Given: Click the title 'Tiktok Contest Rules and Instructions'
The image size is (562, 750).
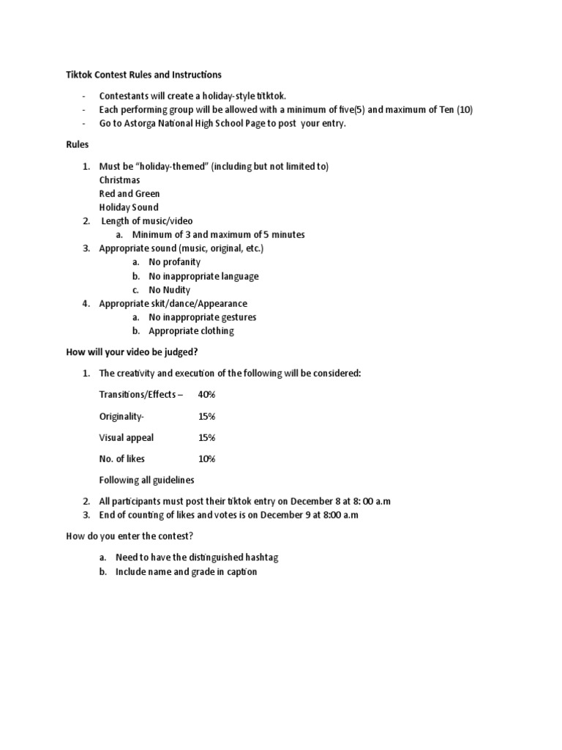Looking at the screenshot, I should pos(143,75).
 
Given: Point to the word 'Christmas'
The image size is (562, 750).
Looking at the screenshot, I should pos(119,179).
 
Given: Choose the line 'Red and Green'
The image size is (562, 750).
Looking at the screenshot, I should pos(129,193).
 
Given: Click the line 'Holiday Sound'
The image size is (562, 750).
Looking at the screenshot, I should pos(128,207).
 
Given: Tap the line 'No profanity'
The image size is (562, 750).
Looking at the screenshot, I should pos(174,261).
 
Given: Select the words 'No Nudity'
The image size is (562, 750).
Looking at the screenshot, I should pos(169,289).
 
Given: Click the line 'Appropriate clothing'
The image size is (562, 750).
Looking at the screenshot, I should pos(191,331).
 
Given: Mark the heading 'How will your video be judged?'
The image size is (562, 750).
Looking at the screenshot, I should pos(132,352).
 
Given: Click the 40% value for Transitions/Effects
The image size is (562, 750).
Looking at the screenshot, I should pos(206,395).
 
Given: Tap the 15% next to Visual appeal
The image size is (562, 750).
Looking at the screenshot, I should pos(206,437).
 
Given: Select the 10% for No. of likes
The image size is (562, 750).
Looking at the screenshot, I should pos(206,458).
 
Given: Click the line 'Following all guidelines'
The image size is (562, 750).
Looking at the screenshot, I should pos(146,480).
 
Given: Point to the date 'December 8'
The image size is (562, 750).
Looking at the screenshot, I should pos(315,501).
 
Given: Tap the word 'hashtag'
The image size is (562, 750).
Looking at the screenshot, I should pos(260,557).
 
